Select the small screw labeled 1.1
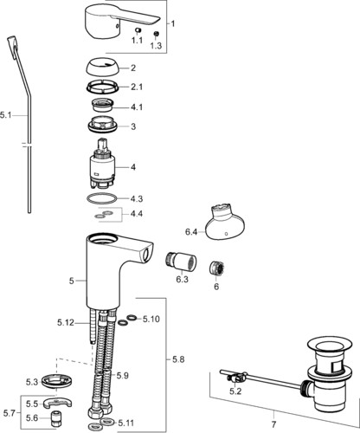coord(138,31)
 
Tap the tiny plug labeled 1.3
coord(156,34)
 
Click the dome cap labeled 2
coord(103,68)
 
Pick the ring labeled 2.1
coord(103,87)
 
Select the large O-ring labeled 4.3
coord(102,198)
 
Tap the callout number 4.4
coord(137,214)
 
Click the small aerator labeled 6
coord(217,268)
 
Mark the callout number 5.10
coord(151,320)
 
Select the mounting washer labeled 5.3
coord(56,381)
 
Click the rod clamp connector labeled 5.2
coord(236,378)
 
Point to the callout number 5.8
coord(178,359)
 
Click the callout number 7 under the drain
coord(273,424)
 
